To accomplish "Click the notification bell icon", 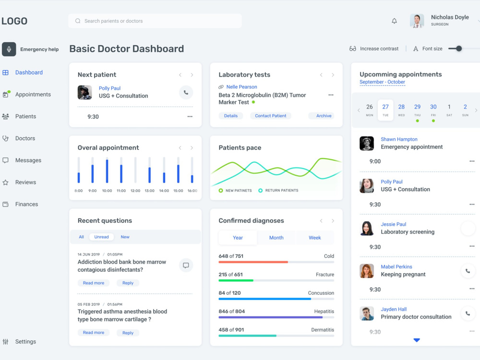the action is click(394, 21).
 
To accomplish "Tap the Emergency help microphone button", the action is click(9, 49).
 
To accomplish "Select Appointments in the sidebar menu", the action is click(33, 94).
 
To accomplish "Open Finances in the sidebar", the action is click(26, 204).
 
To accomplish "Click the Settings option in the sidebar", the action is click(25, 342).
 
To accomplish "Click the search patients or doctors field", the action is click(155, 21).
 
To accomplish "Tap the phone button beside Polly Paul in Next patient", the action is click(186, 93).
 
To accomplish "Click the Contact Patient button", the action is click(271, 116).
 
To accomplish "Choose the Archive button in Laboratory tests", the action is click(324, 116).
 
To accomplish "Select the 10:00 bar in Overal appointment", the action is click(107, 171).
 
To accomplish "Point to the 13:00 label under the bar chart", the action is click(149, 191).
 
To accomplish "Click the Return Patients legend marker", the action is click(260, 191).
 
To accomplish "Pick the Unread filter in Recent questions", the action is click(101, 237).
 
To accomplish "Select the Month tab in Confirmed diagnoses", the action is click(276, 238).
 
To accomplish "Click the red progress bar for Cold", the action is click(253, 262).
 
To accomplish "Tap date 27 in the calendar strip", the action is click(385, 110).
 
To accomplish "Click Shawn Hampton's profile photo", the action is click(366, 143).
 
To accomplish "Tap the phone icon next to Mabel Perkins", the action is click(468, 271).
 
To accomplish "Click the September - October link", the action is click(382, 82).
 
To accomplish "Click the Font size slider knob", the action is click(458, 48).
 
